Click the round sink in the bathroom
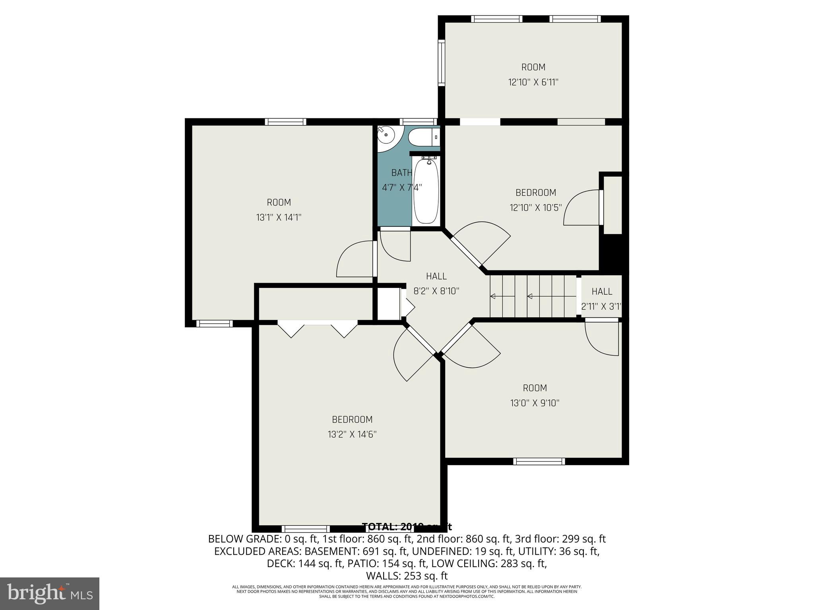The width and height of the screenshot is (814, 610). pyautogui.click(x=386, y=135)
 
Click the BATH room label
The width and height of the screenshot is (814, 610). pyautogui.click(x=401, y=173)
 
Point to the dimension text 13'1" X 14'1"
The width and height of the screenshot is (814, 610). pyautogui.click(x=279, y=218)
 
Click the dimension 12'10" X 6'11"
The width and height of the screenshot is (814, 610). pyautogui.click(x=533, y=82)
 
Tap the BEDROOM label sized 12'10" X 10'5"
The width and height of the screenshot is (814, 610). pyautogui.click(x=535, y=193)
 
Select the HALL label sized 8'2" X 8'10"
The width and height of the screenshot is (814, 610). pyautogui.click(x=436, y=276)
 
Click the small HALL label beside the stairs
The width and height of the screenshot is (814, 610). pyautogui.click(x=601, y=291)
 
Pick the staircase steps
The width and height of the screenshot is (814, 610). pyautogui.click(x=533, y=296)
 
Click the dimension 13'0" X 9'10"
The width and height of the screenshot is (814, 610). pyautogui.click(x=535, y=403)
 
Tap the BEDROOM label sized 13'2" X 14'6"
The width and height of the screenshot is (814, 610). pyautogui.click(x=352, y=419)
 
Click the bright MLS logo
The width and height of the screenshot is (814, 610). pyautogui.click(x=50, y=593)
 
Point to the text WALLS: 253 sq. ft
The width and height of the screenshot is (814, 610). pyautogui.click(x=407, y=576)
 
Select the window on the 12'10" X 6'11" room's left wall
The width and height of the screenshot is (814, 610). pyautogui.click(x=441, y=62)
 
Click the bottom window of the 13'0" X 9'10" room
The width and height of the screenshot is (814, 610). pyautogui.click(x=539, y=461)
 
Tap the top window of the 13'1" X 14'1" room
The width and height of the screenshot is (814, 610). pyautogui.click(x=285, y=122)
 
